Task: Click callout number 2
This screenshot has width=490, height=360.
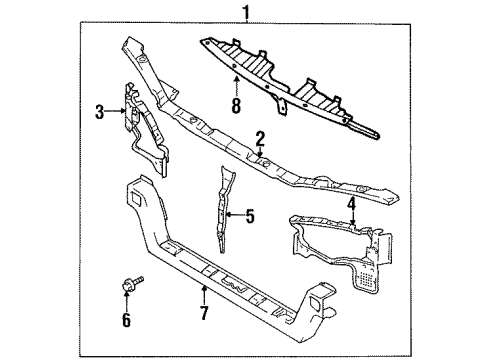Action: pos(258,140)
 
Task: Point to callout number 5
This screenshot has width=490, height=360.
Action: pos(251,214)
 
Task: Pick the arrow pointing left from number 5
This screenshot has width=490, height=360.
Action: pos(236,214)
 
